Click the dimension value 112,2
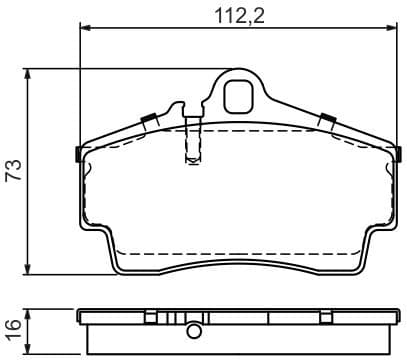[231, 15]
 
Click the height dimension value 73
[13, 171]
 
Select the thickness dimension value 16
[13, 327]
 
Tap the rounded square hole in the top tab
[238, 96]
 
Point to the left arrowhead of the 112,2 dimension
[83, 30]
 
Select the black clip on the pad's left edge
[78, 154]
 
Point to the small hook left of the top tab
[178, 107]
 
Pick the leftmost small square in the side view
[150, 318]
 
